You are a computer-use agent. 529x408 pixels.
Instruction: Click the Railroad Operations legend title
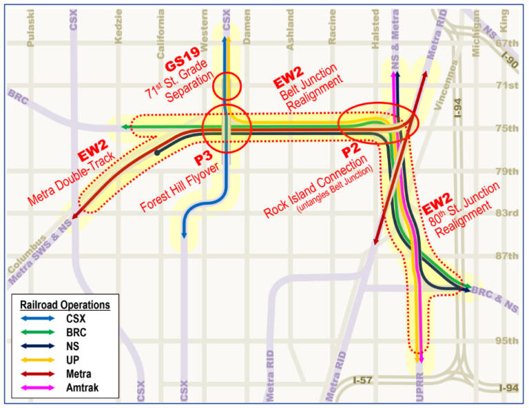[x=65, y=304]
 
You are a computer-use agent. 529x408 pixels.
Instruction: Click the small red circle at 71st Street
[x=227, y=86]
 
